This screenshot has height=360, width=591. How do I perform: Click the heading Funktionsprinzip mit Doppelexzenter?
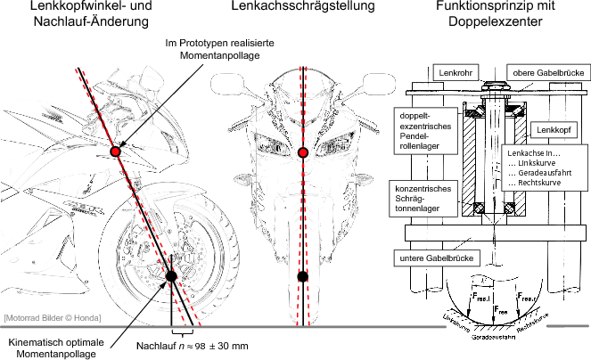tap(497, 16)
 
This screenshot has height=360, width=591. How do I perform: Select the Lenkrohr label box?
tap(456, 71)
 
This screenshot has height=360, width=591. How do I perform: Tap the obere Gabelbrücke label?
tap(545, 71)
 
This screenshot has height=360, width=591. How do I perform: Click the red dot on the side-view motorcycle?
tap(115, 152)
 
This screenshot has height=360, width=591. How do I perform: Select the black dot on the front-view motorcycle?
tap(303, 276)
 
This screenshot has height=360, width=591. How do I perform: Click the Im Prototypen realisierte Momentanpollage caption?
tap(219, 48)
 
